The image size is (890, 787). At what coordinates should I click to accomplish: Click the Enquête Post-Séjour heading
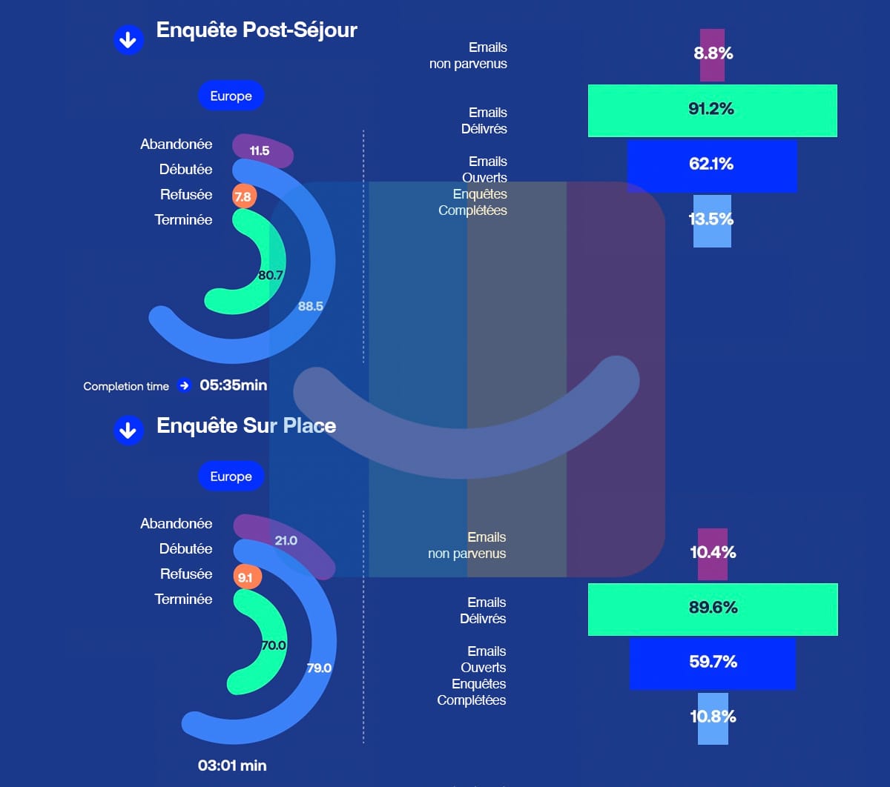257,30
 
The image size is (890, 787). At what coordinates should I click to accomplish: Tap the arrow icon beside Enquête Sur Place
128,431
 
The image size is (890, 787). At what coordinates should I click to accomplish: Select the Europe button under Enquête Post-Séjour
231,96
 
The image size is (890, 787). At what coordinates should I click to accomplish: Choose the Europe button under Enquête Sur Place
231,476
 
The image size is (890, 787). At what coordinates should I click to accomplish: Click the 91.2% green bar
712,110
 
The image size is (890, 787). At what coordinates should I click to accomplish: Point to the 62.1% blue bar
712,165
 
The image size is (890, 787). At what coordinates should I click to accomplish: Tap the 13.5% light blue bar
712,220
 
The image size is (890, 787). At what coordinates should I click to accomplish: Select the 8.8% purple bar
712,54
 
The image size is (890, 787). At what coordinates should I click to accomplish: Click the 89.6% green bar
713,609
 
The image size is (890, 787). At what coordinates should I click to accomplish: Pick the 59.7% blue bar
713,663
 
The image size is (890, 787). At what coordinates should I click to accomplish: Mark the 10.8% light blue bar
713,718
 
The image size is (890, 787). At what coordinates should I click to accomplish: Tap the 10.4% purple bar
713,554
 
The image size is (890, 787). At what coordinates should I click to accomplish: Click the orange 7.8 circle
243,197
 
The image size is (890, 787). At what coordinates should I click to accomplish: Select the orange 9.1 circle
245,577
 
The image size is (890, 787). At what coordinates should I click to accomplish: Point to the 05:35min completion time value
233,385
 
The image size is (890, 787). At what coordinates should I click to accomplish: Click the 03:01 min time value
232,766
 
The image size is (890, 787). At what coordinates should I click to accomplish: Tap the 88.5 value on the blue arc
311,306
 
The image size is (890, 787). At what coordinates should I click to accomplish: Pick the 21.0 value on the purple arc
286,540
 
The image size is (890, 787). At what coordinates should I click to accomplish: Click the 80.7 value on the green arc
271,275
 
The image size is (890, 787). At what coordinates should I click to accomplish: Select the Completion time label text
126,386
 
